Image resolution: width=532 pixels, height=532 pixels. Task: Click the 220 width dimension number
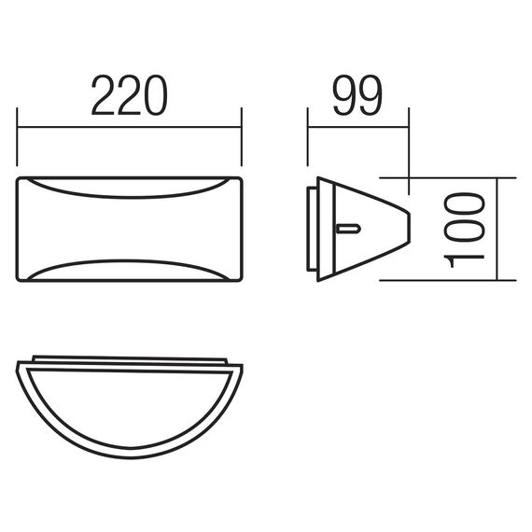click(x=130, y=95)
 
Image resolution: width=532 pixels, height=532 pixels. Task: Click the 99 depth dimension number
click(x=358, y=95)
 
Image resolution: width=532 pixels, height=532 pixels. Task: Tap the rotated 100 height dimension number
click(x=464, y=230)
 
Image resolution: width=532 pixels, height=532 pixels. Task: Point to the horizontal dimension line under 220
click(x=130, y=127)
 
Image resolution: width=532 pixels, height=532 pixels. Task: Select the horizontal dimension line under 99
click(x=358, y=127)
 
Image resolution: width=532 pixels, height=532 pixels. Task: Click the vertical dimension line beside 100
click(x=497, y=229)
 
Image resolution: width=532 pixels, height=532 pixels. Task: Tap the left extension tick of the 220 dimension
click(x=17, y=137)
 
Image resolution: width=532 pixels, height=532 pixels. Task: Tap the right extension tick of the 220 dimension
click(x=242, y=137)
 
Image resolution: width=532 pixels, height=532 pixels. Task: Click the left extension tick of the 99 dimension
click(x=308, y=137)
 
